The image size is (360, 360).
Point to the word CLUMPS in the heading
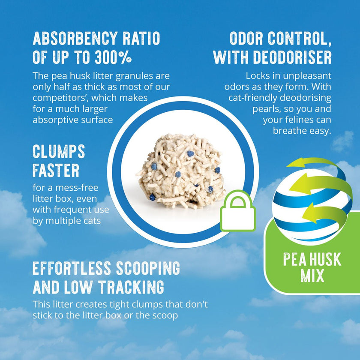click(59, 151)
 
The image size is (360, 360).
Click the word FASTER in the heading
click(56, 171)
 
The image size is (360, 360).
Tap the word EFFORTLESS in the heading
click(71, 268)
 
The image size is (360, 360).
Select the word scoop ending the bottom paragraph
click(165, 315)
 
